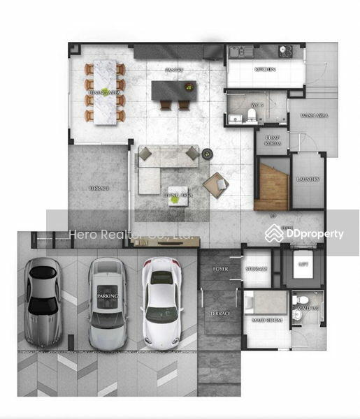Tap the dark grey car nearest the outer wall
(x=43, y=302)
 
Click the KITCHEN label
(x=264, y=70)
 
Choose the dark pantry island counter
(x=175, y=90)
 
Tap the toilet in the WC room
(x=254, y=113)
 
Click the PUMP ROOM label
(x=272, y=140)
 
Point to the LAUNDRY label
(x=308, y=179)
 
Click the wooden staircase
(x=271, y=184)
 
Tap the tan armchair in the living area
(x=216, y=184)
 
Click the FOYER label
(x=221, y=267)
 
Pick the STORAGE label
(x=257, y=267)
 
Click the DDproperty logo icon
(x=275, y=234)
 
